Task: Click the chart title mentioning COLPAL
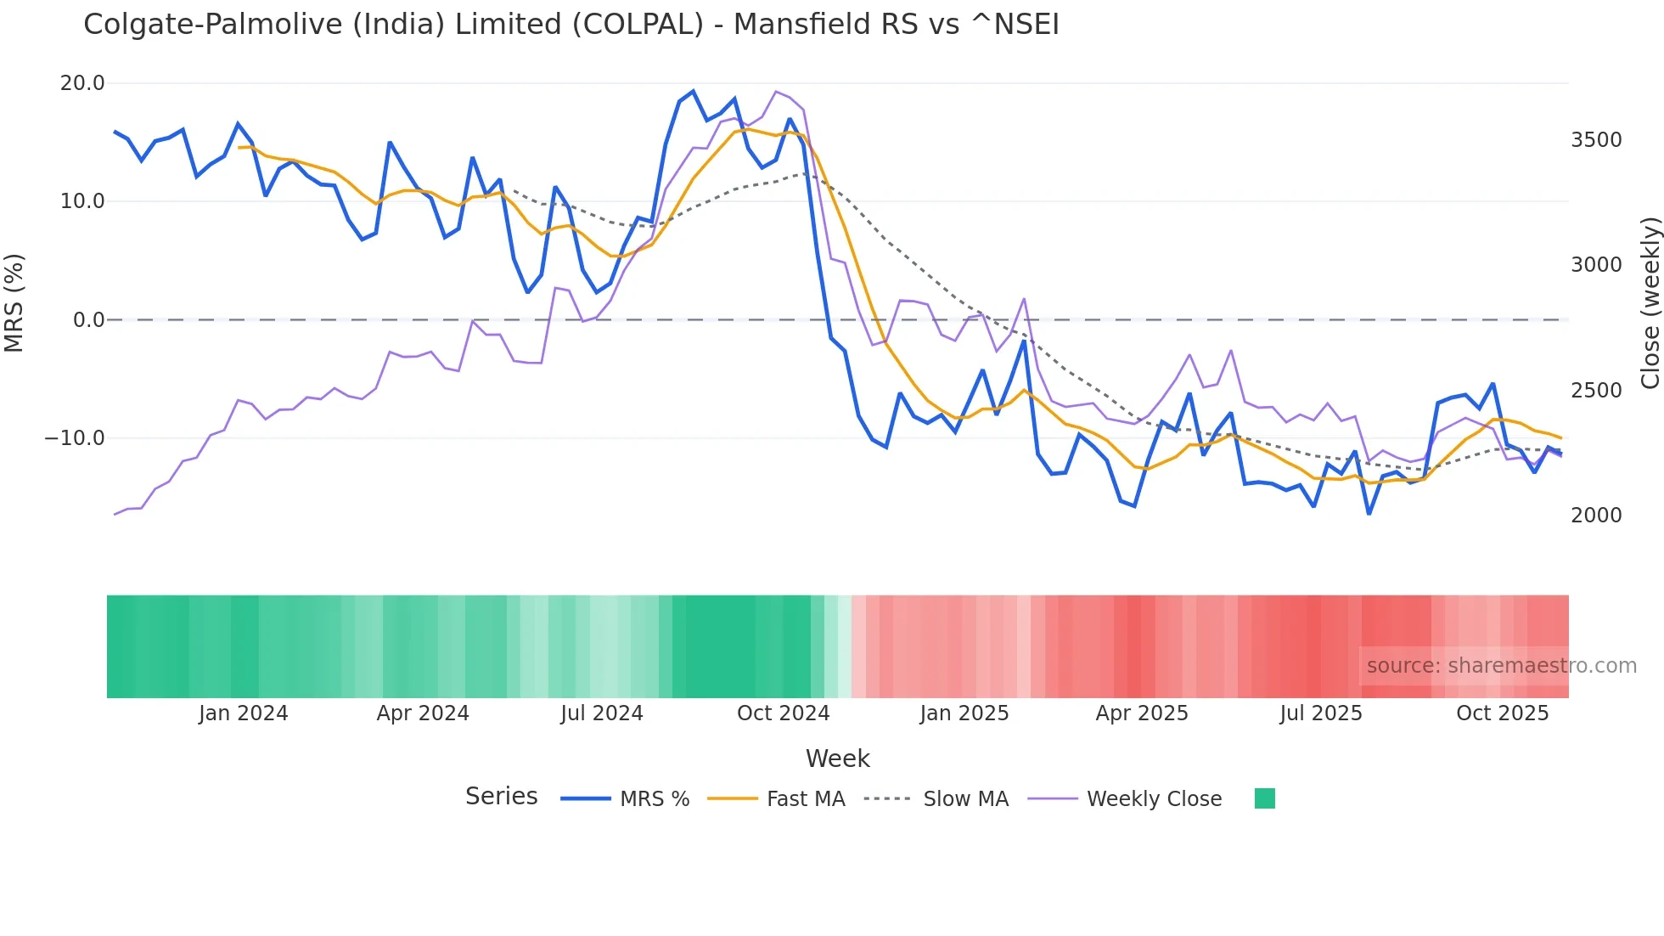point(571,25)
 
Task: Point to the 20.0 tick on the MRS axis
point(82,83)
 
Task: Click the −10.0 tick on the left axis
point(76,438)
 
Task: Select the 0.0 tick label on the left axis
point(88,320)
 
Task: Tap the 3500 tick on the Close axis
point(1596,140)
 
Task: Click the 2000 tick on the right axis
point(1596,516)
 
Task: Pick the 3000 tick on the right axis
point(1596,265)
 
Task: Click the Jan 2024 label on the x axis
point(243,713)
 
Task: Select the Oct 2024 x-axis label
point(783,713)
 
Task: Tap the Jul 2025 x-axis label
point(1320,713)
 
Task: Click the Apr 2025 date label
point(1141,713)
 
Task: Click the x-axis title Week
point(837,758)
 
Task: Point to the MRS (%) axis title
point(14,303)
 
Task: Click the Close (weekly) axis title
point(1650,303)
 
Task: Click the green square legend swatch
point(1264,798)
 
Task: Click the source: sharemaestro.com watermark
point(1501,666)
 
